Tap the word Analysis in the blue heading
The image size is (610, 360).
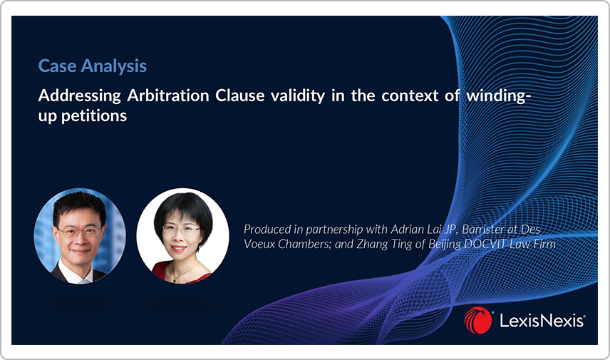pos(114,66)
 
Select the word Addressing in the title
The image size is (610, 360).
pos(80,96)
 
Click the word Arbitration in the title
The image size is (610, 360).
pos(168,96)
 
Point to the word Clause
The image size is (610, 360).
pos(240,96)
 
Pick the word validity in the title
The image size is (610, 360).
pos(298,96)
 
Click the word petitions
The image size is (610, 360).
pos(94,116)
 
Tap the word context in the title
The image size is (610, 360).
pos(410,96)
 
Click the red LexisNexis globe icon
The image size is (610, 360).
pos(477,320)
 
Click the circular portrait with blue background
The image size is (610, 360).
pos(80,236)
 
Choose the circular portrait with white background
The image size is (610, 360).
pos(182,236)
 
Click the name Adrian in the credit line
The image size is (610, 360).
pos(405,230)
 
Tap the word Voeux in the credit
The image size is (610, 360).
pos(259,244)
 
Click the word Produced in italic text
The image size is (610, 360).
pos(267,230)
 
